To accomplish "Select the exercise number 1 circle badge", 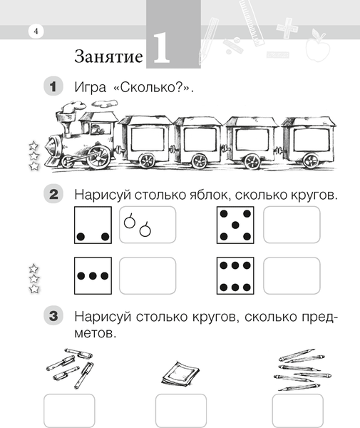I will [x=54, y=88].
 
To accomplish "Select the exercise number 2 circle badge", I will [x=54, y=194].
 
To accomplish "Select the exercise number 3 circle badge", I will [x=54, y=315].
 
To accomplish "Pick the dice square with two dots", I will [x=93, y=225].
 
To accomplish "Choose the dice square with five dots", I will [x=235, y=225].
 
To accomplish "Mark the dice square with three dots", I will [x=93, y=275].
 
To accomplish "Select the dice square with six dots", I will [x=235, y=275].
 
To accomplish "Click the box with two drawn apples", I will [x=147, y=225].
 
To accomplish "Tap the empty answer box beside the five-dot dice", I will [x=291, y=225].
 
